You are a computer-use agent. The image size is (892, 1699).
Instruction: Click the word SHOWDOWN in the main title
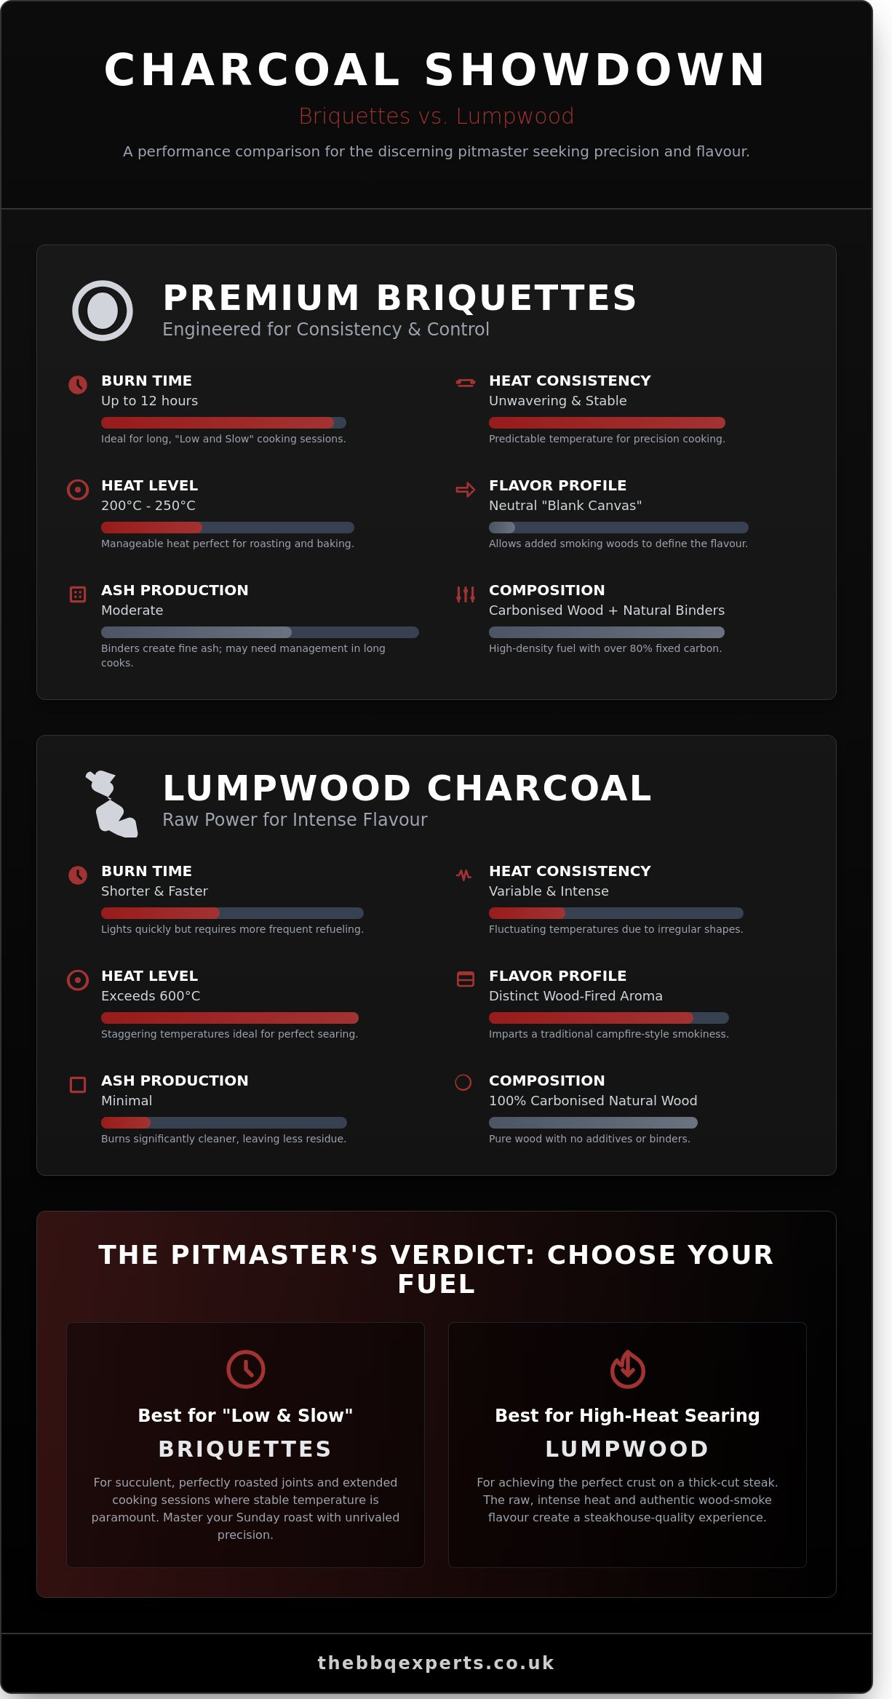pyautogui.click(x=594, y=71)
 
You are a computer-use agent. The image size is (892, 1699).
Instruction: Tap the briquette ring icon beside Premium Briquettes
pyautogui.click(x=103, y=311)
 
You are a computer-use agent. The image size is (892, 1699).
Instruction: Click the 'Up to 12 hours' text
pyautogui.click(x=149, y=401)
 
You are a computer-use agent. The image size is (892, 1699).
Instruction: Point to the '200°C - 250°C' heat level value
pyautogui.click(x=148, y=506)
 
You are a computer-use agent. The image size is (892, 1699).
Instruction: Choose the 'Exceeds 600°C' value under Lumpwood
pyautogui.click(x=151, y=996)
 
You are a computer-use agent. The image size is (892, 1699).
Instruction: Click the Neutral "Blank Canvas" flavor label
pyautogui.click(x=565, y=506)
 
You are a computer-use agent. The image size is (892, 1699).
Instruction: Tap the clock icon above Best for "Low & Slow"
pyautogui.click(x=246, y=1369)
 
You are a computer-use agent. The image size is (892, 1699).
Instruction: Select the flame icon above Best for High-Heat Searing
pyautogui.click(x=627, y=1369)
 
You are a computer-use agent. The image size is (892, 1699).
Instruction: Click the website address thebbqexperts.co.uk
pyautogui.click(x=436, y=1663)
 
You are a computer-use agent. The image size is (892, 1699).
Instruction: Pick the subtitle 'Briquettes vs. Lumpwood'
pyautogui.click(x=437, y=116)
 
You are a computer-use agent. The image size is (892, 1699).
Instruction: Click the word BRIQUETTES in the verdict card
pyautogui.click(x=245, y=1449)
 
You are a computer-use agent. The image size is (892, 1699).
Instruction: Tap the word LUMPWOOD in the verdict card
pyautogui.click(x=627, y=1449)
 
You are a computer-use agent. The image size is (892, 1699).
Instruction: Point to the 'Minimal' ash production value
pyautogui.click(x=127, y=1101)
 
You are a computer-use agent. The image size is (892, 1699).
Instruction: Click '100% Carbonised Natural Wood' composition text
pyautogui.click(x=593, y=1101)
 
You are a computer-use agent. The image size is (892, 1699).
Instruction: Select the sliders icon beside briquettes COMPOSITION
pyautogui.click(x=465, y=594)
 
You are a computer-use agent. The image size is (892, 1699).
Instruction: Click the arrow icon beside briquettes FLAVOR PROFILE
pyautogui.click(x=465, y=490)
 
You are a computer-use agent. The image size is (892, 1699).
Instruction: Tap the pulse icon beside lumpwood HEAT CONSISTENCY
pyautogui.click(x=463, y=875)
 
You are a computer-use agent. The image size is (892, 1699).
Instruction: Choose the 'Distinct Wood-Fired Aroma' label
pyautogui.click(x=576, y=996)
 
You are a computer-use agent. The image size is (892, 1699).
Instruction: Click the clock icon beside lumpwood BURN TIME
pyautogui.click(x=78, y=875)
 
